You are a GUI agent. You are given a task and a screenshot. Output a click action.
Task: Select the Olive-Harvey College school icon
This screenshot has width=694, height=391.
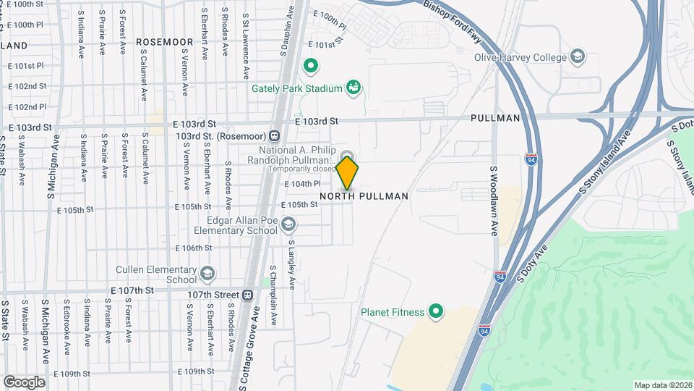[578, 56]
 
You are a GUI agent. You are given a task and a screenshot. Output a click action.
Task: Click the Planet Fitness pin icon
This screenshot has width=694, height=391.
[436, 312]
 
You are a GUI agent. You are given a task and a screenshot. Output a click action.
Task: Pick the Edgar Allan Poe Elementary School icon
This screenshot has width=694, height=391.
[289, 224]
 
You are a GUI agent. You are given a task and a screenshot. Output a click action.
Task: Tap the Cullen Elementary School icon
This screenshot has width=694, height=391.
[208, 274]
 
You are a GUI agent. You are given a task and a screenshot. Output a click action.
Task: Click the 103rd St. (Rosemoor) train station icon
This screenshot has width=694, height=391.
[275, 135]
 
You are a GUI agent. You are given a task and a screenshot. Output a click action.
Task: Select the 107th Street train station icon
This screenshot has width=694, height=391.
[248, 295]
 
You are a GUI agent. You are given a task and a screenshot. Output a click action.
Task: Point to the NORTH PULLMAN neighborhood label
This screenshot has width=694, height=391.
[364, 196]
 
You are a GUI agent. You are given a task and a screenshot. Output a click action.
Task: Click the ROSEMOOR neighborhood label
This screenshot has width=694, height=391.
[165, 42]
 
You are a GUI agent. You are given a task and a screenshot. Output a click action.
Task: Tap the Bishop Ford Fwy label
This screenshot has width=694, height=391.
[453, 22]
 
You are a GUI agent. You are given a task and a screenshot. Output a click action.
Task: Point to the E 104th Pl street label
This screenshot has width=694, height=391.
[302, 185]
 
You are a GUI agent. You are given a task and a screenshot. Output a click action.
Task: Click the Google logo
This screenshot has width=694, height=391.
[24, 382]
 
